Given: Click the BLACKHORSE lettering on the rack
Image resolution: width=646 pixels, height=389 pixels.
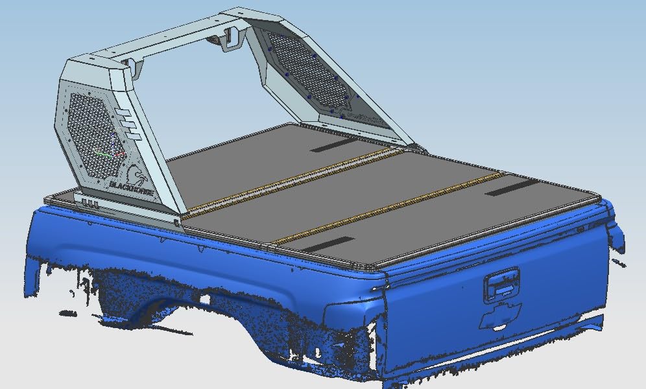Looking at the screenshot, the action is click(x=132, y=188).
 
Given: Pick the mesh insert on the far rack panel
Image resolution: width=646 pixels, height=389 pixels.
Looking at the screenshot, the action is click(x=309, y=68).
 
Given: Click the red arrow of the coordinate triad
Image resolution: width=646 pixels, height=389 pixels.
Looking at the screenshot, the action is click(x=120, y=154).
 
